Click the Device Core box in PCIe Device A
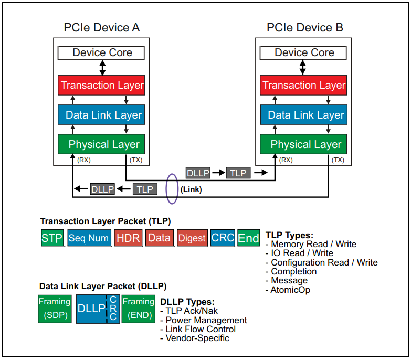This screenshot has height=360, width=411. coord(102,53)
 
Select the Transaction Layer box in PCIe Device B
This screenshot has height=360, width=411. coord(304,85)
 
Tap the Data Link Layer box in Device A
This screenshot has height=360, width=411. coord(102,115)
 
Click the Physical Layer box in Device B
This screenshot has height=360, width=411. coord(304,144)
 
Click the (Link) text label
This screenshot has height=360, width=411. coord(191,189)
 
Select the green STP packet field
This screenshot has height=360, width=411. coord(52,238)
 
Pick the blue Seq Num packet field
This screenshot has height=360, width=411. coord(88,238)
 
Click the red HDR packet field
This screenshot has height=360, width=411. coord(128,238)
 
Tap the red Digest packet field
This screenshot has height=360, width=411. coord(192,238)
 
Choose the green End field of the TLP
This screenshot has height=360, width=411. coord(248,238)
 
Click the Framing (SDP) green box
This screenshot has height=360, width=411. coord(54,309)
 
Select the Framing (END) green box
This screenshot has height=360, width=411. coord(139,309)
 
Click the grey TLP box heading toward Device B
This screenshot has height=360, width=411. coord(238,173)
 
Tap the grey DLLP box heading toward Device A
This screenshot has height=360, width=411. coord(102,189)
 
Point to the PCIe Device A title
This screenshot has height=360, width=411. coord(102,28)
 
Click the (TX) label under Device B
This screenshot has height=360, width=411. coord(338,160)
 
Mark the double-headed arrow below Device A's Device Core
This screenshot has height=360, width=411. coord(102,67)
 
